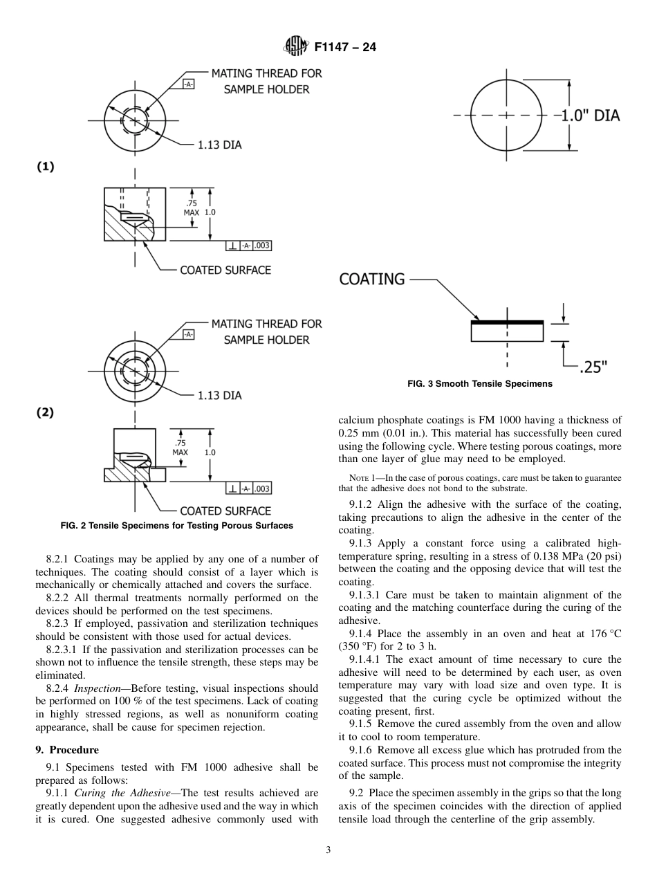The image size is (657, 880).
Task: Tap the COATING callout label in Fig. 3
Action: [x=372, y=279]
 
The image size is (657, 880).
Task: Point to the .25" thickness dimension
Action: [x=593, y=367]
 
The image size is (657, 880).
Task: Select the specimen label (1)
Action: [x=45, y=167]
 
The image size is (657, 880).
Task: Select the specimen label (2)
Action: [x=45, y=412]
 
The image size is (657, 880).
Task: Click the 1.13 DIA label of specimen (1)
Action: [x=219, y=145]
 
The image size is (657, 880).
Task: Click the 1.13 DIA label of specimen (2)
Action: [x=219, y=396]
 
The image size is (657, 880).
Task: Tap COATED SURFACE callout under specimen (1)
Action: [x=225, y=271]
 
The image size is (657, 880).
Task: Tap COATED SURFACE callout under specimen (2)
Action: [x=225, y=511]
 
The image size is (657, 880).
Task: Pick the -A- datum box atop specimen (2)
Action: [x=188, y=334]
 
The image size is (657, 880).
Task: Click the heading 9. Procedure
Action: [x=67, y=750]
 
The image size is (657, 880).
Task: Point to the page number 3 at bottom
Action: [x=328, y=850]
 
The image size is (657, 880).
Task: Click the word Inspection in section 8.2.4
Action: [x=99, y=688]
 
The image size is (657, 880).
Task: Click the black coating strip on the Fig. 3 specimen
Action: [x=507, y=322]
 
